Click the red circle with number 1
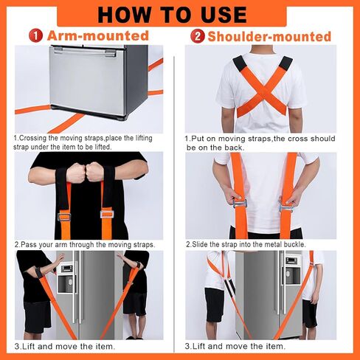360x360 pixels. tap(35, 36)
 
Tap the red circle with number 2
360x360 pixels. tap(198, 36)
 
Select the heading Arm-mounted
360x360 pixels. tap(98, 35)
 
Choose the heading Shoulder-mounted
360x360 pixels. tap(269, 36)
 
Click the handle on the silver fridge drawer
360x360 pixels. tap(85, 51)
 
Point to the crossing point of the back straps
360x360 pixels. tap(263, 91)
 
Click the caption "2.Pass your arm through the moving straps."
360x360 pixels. tap(85, 245)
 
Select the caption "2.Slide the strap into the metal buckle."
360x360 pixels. tap(246, 244)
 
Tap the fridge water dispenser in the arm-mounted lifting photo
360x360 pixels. tap(66, 278)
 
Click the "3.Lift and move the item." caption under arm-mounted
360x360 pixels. tap(65, 347)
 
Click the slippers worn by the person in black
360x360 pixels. tap(135, 337)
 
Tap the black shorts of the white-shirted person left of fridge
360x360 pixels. tap(215, 305)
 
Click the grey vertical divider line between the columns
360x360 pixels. tap(174, 205)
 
